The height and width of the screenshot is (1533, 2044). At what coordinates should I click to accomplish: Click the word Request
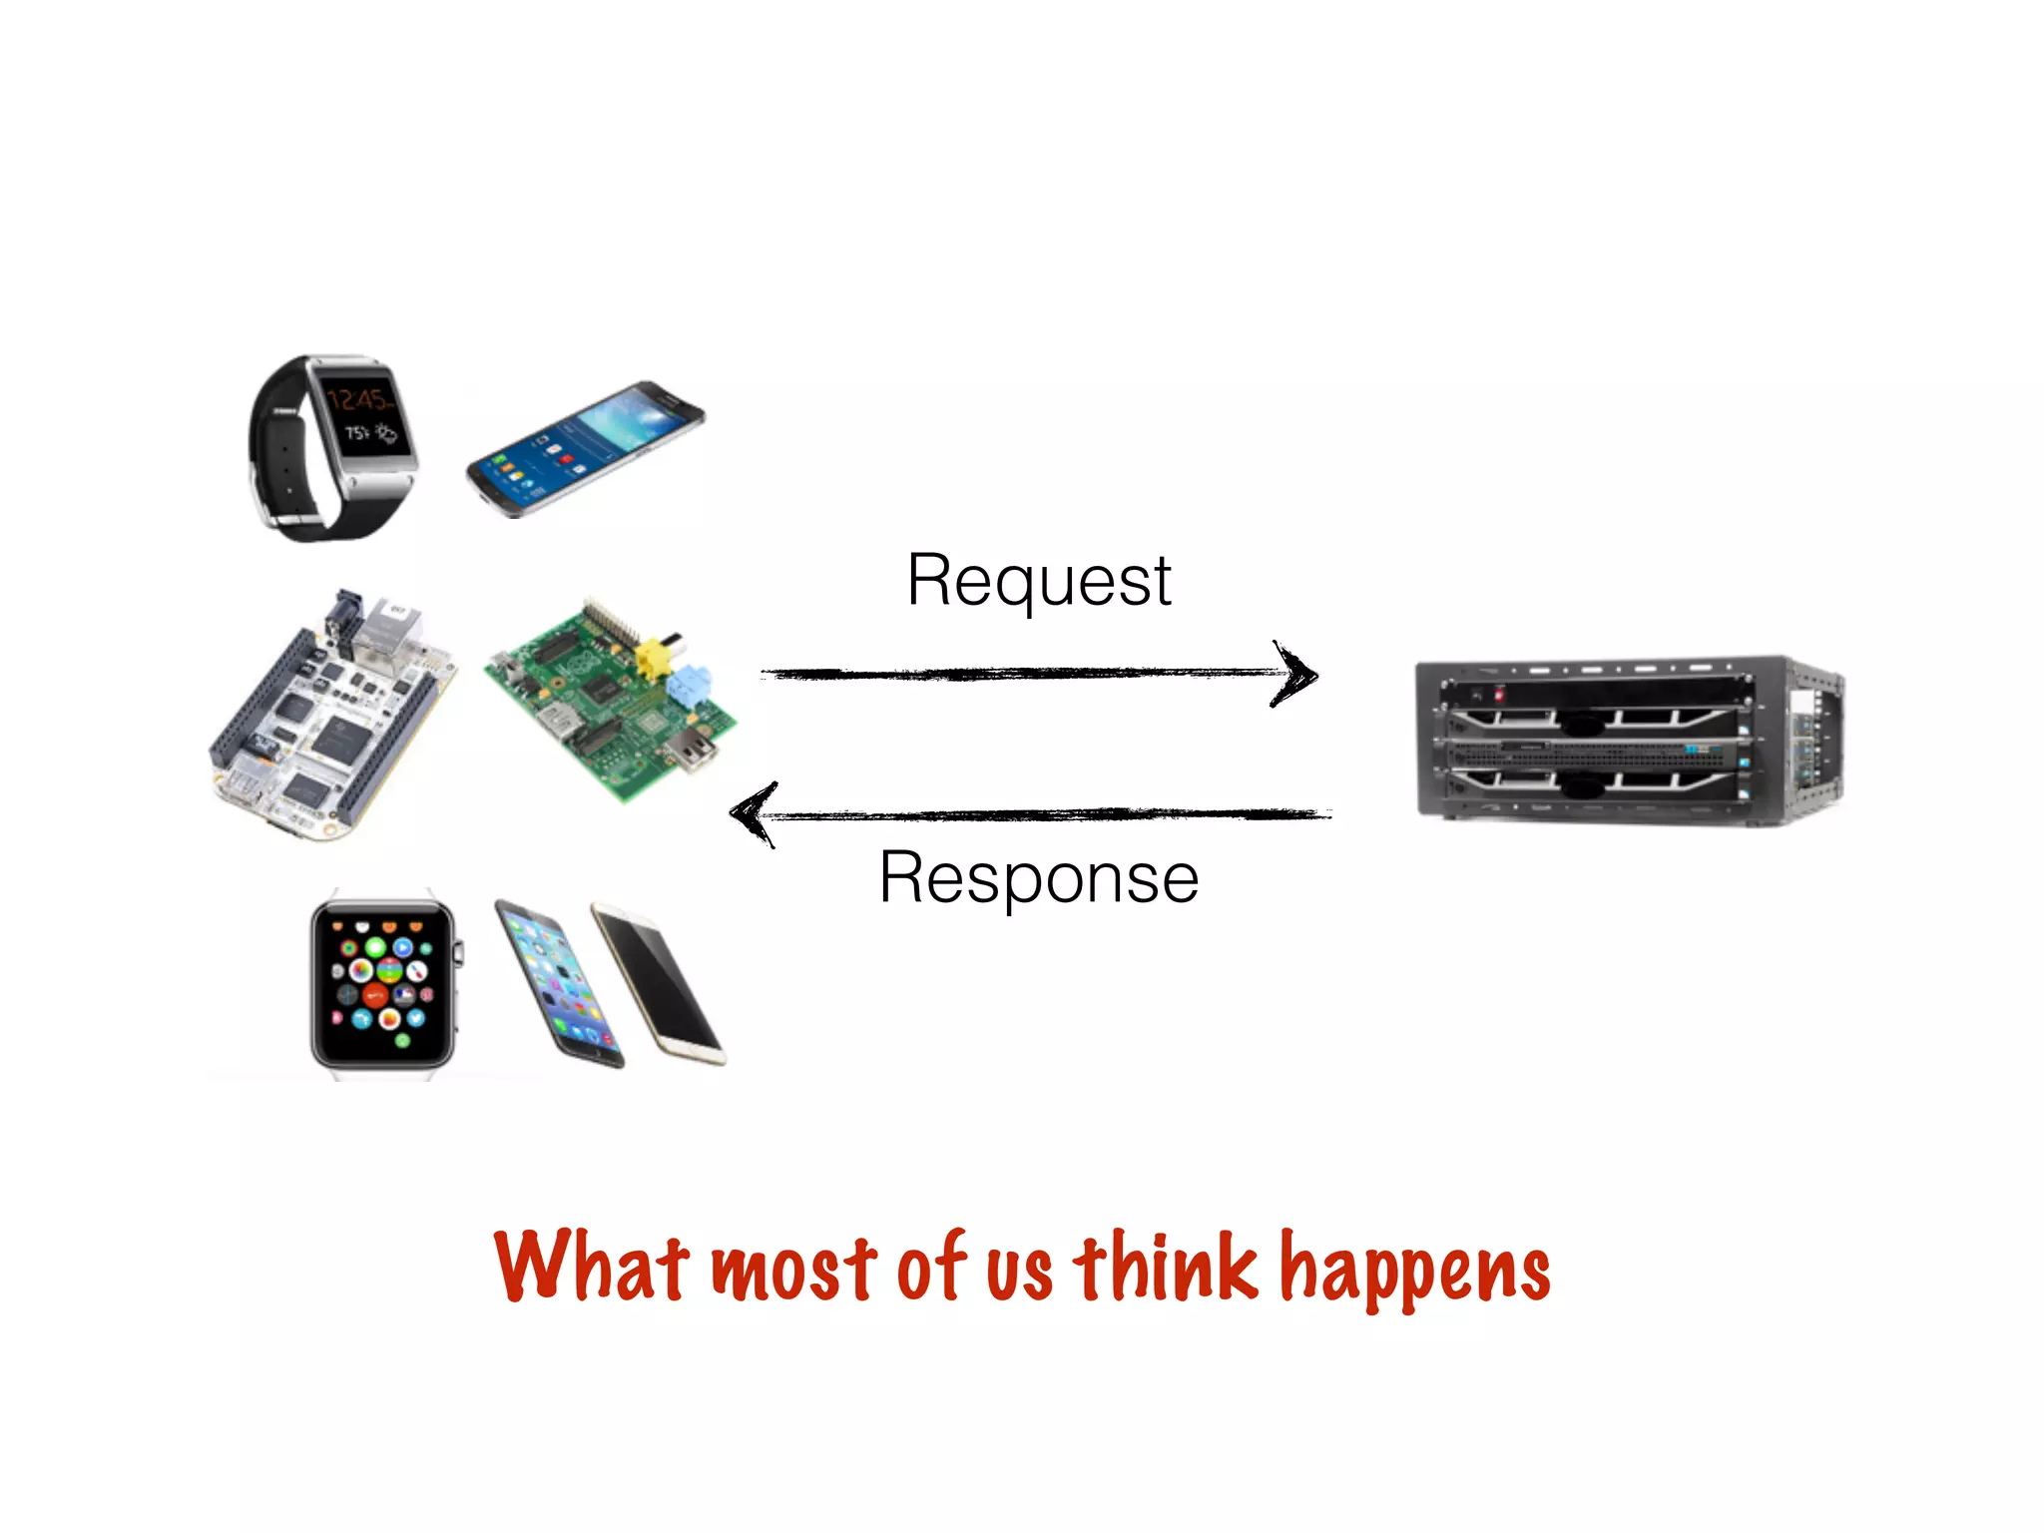(x=1038, y=581)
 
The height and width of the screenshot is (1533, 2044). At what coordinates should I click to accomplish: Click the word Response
(x=1038, y=878)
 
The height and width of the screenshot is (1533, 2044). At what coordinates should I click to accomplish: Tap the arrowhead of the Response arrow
(x=754, y=814)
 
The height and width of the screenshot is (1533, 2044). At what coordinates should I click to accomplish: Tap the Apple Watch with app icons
(x=383, y=983)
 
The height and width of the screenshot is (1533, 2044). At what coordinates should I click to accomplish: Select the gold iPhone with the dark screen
(x=659, y=982)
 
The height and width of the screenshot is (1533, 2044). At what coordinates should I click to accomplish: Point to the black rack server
(x=1627, y=739)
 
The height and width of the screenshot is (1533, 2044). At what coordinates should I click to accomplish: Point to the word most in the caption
(x=793, y=1270)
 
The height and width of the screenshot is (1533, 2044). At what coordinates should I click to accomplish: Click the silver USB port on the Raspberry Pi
(x=696, y=748)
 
